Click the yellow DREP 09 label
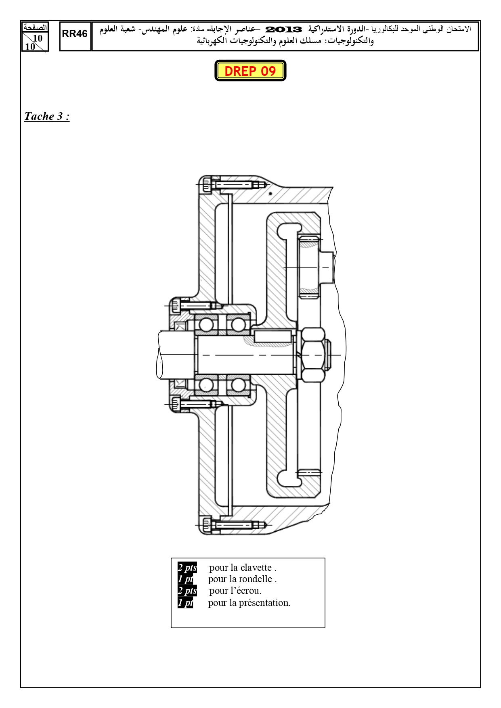point(250,71)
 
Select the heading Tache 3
point(47,116)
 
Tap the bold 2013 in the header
point(284,29)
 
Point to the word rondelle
point(256,579)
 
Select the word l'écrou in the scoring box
point(246,591)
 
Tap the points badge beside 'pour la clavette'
point(187,567)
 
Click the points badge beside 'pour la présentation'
point(185,603)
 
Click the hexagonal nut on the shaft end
point(313,355)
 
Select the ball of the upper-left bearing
point(206,325)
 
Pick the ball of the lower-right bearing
point(238,384)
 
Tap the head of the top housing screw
point(207,185)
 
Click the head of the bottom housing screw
point(206,525)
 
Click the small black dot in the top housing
point(270,194)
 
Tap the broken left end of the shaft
point(159,355)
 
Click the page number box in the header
point(35,37)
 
